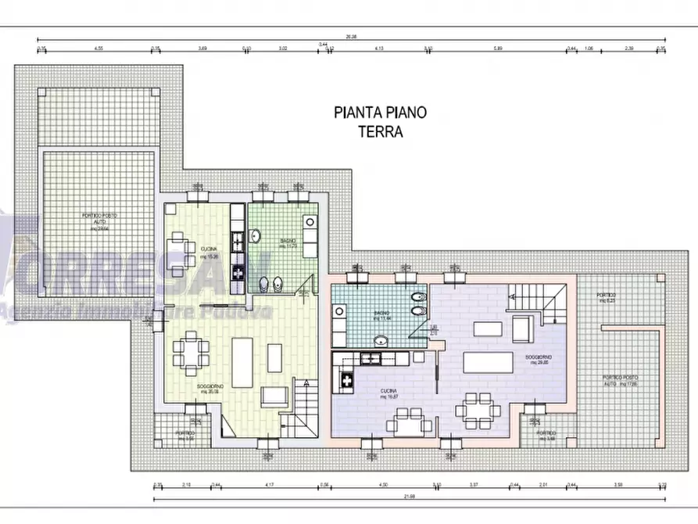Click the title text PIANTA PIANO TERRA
[381, 122]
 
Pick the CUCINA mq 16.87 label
[389, 393]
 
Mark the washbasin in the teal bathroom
[381, 339]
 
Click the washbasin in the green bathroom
[256, 235]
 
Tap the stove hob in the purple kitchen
[344, 381]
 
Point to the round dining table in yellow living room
[191, 353]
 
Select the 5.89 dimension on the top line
[497, 48]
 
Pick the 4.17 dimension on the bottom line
[270, 486]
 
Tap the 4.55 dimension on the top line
[99, 48]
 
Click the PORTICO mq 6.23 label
[607, 298]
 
